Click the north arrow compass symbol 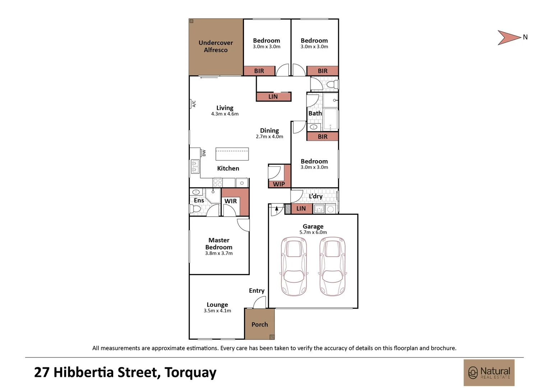[x=509, y=37]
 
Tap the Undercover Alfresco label [x=216, y=46]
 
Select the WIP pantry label [x=279, y=184]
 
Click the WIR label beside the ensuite [x=231, y=201]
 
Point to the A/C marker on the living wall [x=194, y=104]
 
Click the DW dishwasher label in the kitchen [x=204, y=153]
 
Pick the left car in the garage [x=294, y=266]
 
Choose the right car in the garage [x=332, y=266]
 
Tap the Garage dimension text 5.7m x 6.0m [x=313, y=232]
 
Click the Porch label [x=259, y=324]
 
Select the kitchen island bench [x=232, y=154]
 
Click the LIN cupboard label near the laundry [x=301, y=208]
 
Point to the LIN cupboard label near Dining [x=273, y=97]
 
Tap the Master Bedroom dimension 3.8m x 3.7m [x=219, y=253]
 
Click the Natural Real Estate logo [x=489, y=373]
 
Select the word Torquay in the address [x=190, y=373]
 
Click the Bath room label [x=315, y=113]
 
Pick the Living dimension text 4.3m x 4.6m [x=225, y=114]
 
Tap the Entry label [x=257, y=291]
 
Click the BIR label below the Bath [x=323, y=137]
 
